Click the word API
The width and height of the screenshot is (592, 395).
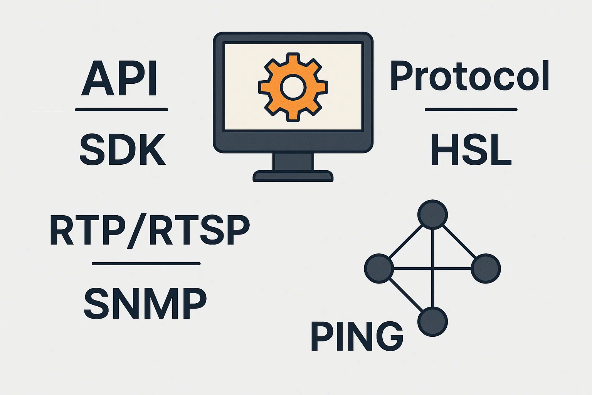point(119,78)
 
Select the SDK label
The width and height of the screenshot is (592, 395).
point(123,150)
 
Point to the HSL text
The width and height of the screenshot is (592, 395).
point(471,150)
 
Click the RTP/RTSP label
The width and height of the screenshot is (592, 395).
point(150,231)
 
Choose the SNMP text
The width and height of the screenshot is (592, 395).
point(145,303)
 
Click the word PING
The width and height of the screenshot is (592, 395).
point(357,336)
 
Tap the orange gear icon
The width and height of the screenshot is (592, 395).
point(293,87)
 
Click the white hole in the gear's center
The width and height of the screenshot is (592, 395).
point(293,87)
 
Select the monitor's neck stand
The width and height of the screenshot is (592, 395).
point(293,162)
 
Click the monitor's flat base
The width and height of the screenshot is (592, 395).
point(293,176)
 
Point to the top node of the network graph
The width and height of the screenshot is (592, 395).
point(433,214)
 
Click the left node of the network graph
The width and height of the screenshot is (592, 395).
point(379,268)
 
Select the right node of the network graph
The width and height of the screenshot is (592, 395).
point(486,268)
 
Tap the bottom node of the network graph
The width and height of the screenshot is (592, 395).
point(433,322)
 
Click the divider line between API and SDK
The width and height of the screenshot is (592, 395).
point(121,110)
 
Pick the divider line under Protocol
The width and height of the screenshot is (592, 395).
point(471,110)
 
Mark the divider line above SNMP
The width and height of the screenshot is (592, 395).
point(146,263)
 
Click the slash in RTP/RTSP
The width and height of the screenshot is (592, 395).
point(137,231)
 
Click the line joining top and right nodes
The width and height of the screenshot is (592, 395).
point(459,241)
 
